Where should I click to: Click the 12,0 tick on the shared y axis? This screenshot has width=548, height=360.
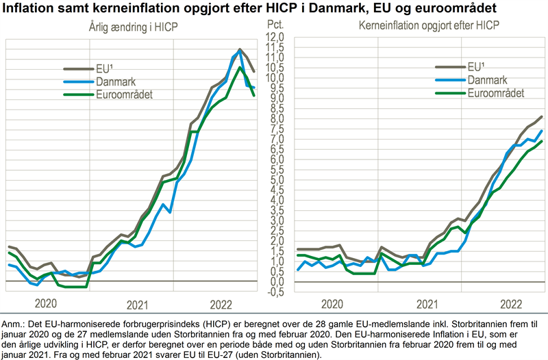coord(274,36)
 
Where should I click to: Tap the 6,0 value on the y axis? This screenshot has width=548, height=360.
coord(274,159)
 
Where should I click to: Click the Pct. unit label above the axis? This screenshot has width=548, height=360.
coord(274,25)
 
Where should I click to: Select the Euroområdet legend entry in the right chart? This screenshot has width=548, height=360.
coord(495,93)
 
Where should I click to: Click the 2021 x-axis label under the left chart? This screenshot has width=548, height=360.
coord(138,304)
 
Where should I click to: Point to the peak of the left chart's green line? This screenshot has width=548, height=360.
coord(239,66)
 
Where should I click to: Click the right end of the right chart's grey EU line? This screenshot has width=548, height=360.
coord(542,117)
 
